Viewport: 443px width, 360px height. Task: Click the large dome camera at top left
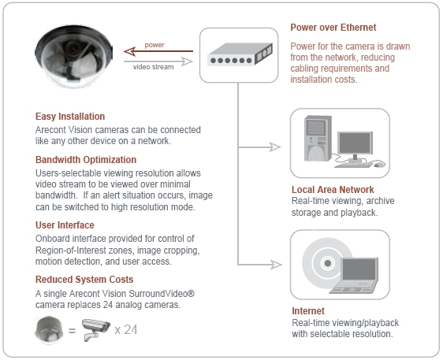coord(73,57)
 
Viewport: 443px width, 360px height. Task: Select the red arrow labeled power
coord(158,51)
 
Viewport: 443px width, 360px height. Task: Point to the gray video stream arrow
coord(158,61)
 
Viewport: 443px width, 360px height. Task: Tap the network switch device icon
coord(240,54)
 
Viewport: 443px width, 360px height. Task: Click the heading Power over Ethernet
coord(333,28)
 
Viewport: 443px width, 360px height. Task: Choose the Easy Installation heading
coord(70,117)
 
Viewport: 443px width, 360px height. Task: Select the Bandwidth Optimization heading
coord(86,160)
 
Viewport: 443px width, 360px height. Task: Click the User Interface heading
coord(65,225)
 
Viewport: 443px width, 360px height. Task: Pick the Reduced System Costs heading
coord(84,280)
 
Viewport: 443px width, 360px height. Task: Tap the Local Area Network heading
coord(333,190)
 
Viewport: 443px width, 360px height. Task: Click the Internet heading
coord(308,311)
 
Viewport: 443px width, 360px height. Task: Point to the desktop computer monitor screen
coord(355,143)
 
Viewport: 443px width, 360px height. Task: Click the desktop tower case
coord(318,139)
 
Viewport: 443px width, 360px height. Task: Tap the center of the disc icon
coord(327,263)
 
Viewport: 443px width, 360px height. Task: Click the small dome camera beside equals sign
coord(49,330)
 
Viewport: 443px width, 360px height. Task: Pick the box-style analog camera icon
coord(96,329)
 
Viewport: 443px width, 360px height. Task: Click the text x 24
coord(125,330)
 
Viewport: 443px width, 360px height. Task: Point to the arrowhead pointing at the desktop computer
coord(275,147)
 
